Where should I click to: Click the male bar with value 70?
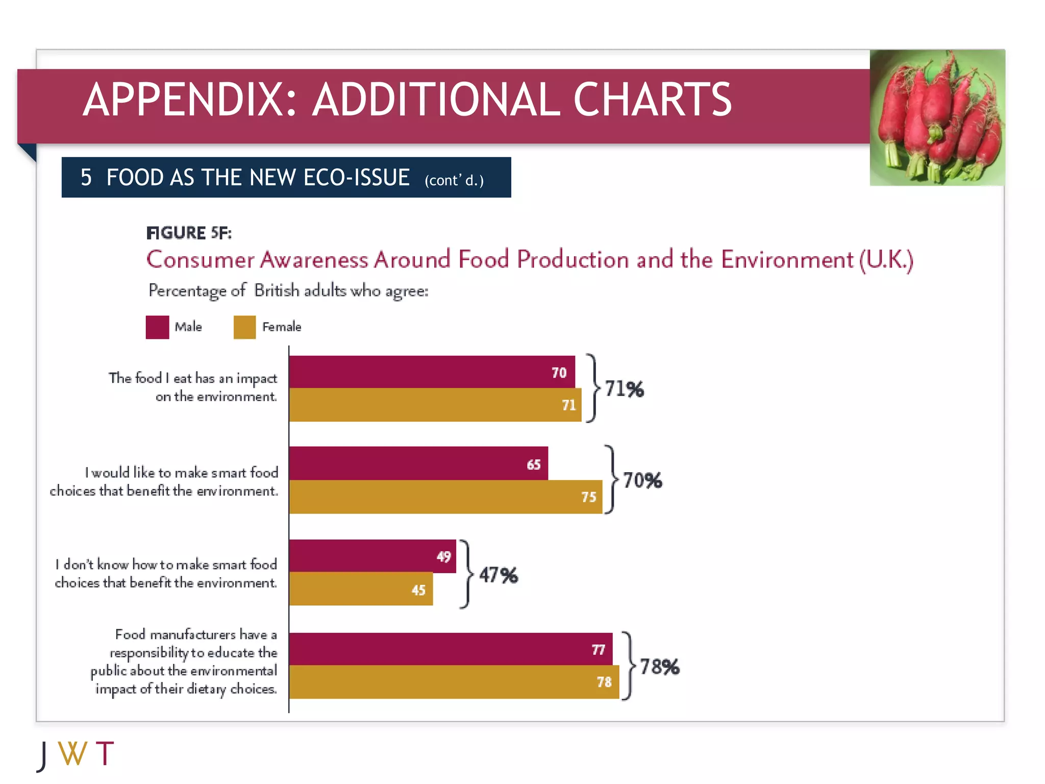click(x=432, y=372)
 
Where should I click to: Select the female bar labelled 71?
click(x=435, y=405)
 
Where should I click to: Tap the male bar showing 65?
click(x=418, y=463)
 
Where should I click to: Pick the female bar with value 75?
click(x=445, y=497)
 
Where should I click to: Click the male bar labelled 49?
click(x=372, y=556)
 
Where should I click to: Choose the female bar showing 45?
click(x=361, y=589)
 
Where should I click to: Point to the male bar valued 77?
click(x=450, y=649)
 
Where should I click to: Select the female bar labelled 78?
click(x=454, y=682)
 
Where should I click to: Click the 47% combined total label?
click(x=499, y=575)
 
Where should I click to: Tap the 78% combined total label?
click(x=659, y=667)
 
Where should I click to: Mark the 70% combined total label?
click(x=642, y=480)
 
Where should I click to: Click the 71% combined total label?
click(x=624, y=389)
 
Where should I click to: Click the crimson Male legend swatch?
click(x=157, y=327)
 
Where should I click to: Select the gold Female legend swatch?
click(x=244, y=327)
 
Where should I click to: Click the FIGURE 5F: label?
click(x=189, y=233)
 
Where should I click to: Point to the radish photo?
click(x=937, y=117)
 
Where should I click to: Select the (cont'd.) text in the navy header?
click(x=454, y=180)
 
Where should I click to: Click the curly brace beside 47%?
click(x=465, y=574)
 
